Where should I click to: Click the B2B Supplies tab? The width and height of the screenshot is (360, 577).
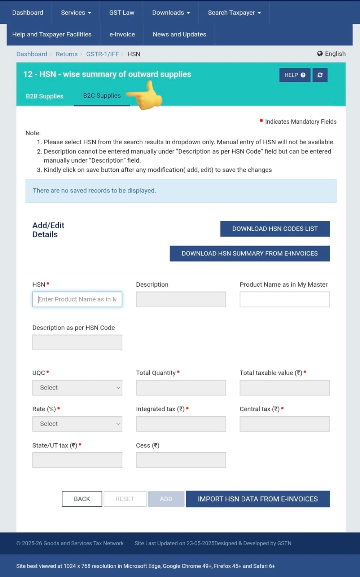coord(44,96)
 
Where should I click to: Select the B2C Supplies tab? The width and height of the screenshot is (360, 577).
coord(102,96)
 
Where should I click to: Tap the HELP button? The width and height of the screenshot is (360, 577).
coord(294,75)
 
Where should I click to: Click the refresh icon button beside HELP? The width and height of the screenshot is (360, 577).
coord(320,75)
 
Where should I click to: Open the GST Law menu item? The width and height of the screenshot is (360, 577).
coord(122,13)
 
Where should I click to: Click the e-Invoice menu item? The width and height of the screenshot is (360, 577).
coord(122,34)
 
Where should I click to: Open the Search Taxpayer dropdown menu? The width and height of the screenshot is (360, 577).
coord(234,13)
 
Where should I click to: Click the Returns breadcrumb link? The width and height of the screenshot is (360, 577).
coord(66,54)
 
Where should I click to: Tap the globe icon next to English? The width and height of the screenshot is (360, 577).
coord(320,54)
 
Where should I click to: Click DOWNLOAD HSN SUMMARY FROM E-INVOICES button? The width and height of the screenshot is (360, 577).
coord(250,254)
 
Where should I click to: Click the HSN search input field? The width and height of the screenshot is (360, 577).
coord(77,299)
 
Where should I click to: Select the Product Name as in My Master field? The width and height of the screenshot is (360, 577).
coord(284,299)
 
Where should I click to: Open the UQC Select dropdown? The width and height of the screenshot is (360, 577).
coord(77,388)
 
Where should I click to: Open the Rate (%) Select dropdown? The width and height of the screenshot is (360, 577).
coord(77,424)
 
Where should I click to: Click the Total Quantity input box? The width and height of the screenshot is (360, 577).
coord(181,388)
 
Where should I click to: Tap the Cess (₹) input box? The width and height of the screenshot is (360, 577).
coord(181,460)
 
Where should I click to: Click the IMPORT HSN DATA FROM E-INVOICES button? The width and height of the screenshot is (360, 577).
coord(258,499)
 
